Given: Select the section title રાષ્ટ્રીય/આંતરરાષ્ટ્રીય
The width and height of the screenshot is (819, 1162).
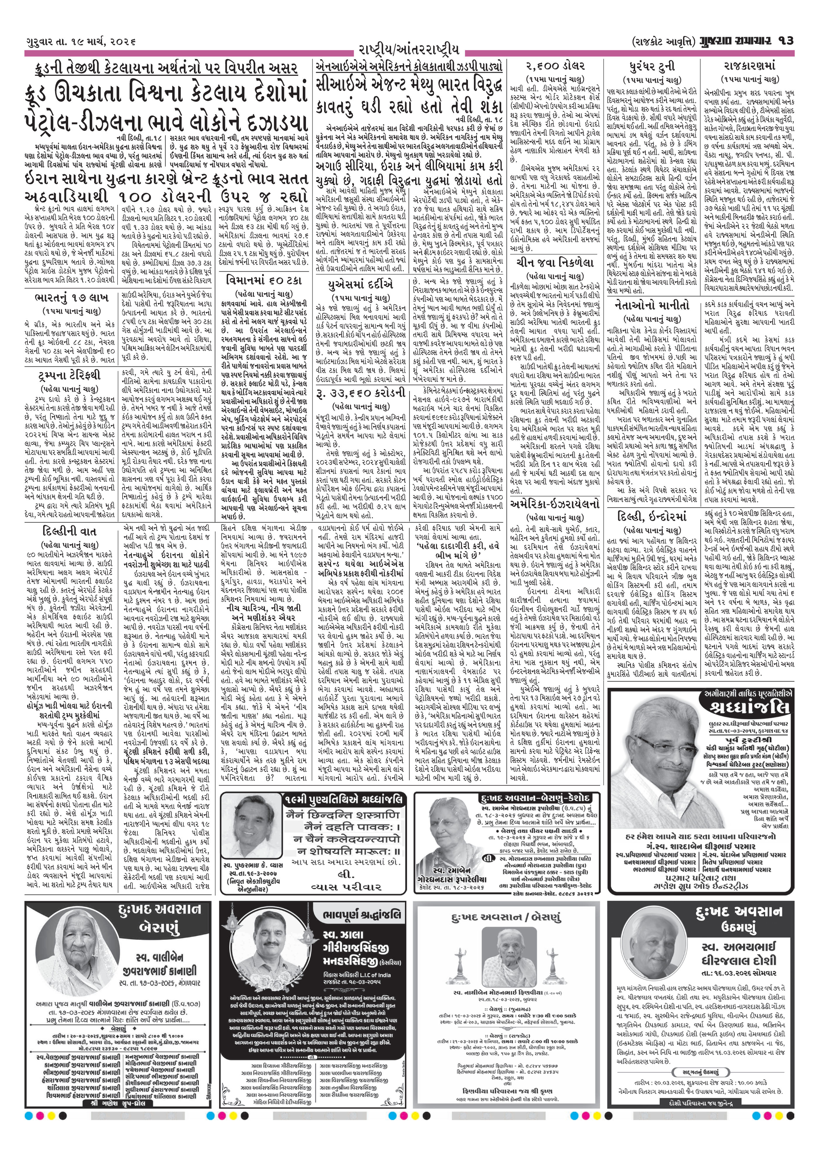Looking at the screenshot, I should [409, 50].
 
